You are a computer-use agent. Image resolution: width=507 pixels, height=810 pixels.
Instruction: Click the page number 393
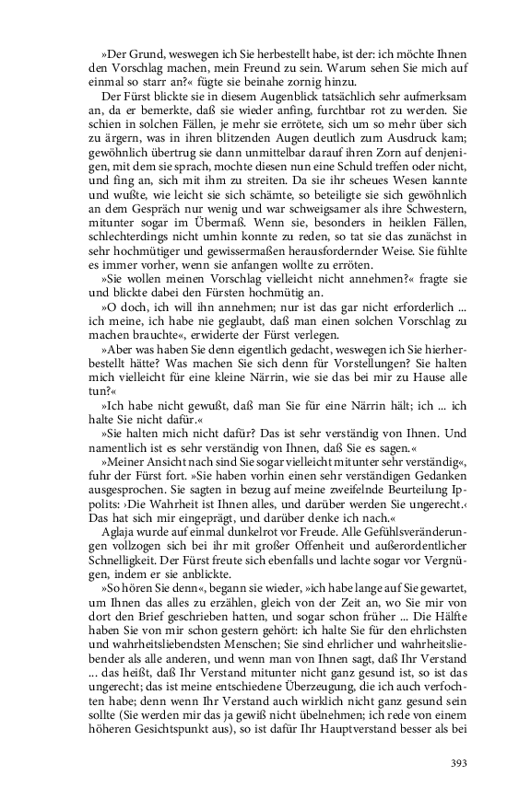coord(458,762)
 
